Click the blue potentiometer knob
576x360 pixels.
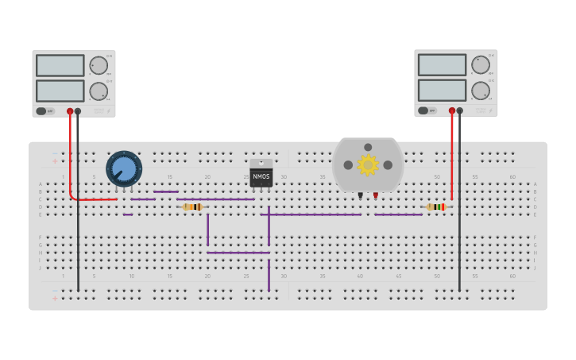tap(124, 168)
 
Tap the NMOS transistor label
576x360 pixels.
tap(261, 176)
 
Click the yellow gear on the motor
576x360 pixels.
tap(368, 165)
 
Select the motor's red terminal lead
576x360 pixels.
tap(376, 195)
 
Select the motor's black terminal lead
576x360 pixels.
tap(360, 195)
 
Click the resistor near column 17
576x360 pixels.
tap(192, 207)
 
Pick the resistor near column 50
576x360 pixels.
tap(435, 207)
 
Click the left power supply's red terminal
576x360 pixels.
tap(70, 111)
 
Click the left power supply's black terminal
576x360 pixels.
tap(78, 111)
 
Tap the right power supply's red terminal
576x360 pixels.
tap(452, 110)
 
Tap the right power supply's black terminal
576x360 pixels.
tap(460, 110)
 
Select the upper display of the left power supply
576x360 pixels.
tap(60, 65)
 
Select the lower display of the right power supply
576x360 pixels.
tap(442, 90)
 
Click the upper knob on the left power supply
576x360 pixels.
tap(99, 65)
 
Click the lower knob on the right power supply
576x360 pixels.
tap(481, 91)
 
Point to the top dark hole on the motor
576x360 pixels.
tap(368, 147)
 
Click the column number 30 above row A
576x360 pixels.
tap(284, 176)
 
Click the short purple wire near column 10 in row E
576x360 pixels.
tap(128, 215)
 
